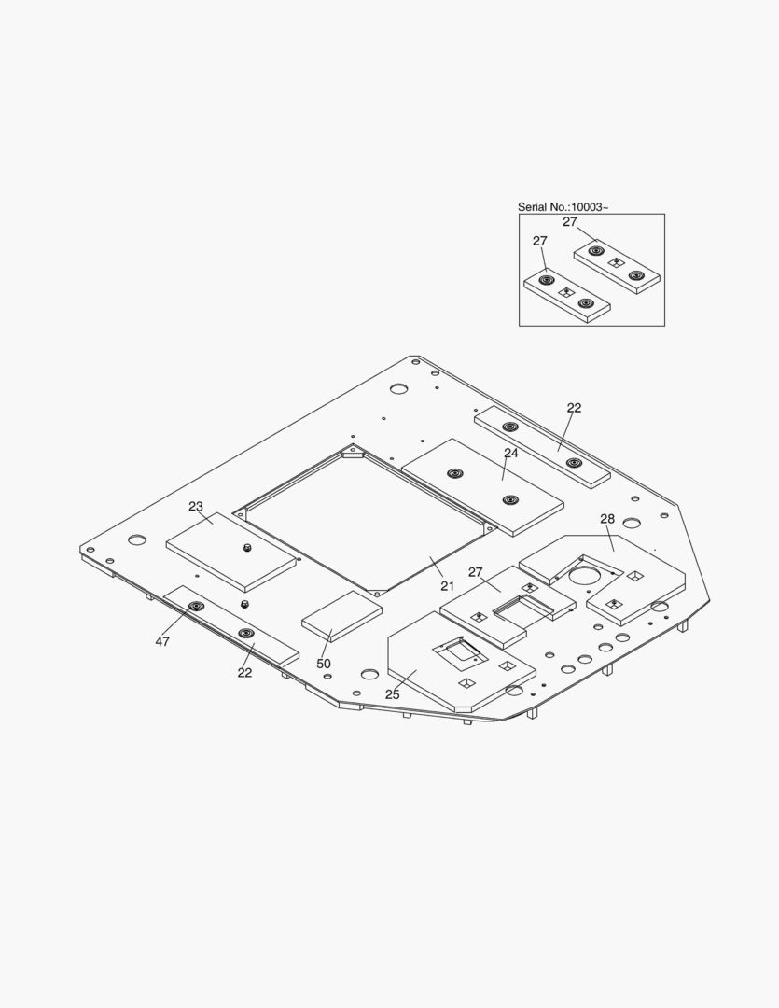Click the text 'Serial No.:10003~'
point(563,207)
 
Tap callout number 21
point(448,585)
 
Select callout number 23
point(196,507)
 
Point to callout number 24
point(511,454)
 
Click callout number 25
point(392,694)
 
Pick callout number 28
point(607,519)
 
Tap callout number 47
point(162,641)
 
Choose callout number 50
point(324,664)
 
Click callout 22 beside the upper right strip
point(574,408)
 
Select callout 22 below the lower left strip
point(244,672)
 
